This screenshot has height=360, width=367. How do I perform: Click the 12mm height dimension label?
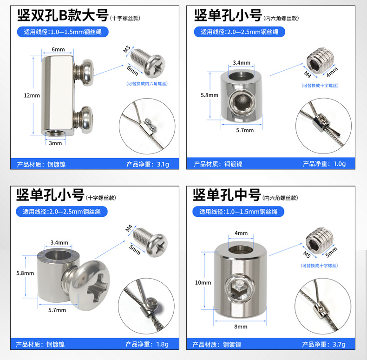(x=32, y=95)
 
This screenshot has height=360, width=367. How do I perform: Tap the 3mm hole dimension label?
(x=55, y=143)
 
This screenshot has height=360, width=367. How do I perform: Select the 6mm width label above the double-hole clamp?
(x=58, y=49)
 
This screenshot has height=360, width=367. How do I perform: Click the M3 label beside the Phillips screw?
(x=127, y=49)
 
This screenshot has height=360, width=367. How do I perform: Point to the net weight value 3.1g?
(x=163, y=164)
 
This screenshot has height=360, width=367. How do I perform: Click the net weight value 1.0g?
(x=339, y=164)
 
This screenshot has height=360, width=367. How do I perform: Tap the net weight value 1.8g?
(x=162, y=344)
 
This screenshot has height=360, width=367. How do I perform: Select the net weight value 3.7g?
(x=339, y=344)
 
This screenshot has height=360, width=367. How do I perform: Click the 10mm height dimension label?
(x=203, y=282)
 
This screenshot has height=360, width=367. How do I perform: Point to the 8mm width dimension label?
(x=241, y=327)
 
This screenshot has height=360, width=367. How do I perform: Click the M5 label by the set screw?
(x=307, y=254)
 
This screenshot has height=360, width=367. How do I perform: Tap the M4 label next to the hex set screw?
(x=308, y=74)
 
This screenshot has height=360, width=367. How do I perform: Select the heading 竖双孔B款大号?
(x=63, y=15)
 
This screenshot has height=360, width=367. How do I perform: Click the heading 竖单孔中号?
(x=227, y=195)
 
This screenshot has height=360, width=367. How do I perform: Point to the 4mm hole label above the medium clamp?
(x=241, y=233)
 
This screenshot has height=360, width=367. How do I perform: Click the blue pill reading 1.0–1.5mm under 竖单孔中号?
(x=238, y=212)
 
